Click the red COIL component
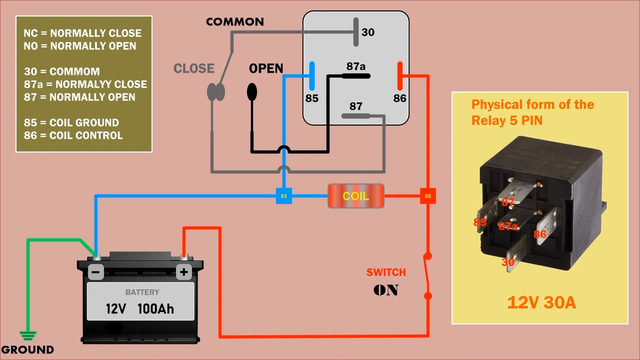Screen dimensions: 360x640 point(356,196)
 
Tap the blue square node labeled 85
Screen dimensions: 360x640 point(284,196)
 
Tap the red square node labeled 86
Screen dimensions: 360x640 point(428,196)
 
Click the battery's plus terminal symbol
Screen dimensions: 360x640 point(184,272)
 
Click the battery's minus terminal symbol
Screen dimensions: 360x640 point(96,272)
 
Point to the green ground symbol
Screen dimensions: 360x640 point(28,335)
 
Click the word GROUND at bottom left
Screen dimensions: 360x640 point(28,350)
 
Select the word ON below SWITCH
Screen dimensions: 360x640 point(386,290)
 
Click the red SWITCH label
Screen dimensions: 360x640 point(386,272)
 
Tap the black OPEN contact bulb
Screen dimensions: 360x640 point(252,92)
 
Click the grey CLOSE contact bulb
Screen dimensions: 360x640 point(216,92)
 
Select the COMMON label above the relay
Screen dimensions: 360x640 point(235,22)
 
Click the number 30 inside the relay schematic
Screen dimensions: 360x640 point(368,32)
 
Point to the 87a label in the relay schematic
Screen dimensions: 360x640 point(356,66)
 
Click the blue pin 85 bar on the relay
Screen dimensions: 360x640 point(312,76)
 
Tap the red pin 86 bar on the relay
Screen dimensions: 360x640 point(400,76)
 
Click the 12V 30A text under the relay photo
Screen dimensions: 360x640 point(541,303)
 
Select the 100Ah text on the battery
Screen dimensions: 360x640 point(156,309)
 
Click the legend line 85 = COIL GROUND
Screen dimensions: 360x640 point(71,123)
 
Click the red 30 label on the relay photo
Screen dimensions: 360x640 point(508,262)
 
